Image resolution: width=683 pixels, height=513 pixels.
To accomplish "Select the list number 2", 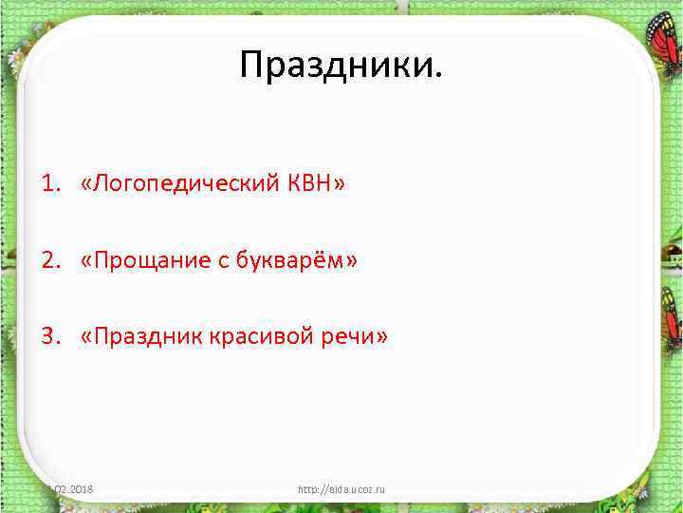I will (x=46, y=259).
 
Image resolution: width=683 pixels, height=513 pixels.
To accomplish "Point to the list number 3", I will (x=46, y=337).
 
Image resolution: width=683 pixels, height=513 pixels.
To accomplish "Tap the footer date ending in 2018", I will (x=78, y=489).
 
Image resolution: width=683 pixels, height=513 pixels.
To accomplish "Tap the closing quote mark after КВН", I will (x=340, y=182).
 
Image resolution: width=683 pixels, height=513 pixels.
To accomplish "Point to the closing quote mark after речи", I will (x=382, y=338).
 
